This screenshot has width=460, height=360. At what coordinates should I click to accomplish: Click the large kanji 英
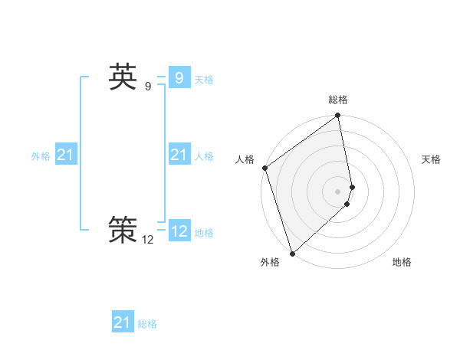pos(123,77)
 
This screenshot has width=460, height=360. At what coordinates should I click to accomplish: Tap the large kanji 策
pos(123,230)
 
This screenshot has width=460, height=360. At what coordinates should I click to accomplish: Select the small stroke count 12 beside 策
pos(147,240)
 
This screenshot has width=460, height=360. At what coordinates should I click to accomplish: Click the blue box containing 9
pos(179,78)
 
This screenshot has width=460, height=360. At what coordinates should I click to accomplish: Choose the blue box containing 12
pos(179,231)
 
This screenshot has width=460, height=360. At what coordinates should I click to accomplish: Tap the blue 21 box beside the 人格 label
pos(179,155)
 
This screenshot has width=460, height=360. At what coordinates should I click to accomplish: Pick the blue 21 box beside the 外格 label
pos(66,155)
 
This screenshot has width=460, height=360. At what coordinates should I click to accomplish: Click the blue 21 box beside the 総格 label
pos(123,323)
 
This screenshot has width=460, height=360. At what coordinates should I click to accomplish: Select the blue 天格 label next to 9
pos(204,80)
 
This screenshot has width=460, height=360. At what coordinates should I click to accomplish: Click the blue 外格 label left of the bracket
pos(41,156)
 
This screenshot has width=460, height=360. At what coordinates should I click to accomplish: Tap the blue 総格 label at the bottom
pos(147,324)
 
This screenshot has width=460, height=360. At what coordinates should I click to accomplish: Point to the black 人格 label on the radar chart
pos(245,159)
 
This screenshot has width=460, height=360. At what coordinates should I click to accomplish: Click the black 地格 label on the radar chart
pos(402,262)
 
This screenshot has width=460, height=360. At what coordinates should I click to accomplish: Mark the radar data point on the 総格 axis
pos(338,116)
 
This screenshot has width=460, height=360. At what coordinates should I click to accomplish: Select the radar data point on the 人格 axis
pos(264,168)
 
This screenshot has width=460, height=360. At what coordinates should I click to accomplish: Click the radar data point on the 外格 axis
pos(292,254)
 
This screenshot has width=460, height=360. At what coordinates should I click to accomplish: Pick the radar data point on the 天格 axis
pos(353,186)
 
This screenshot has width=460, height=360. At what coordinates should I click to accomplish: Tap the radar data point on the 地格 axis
pos(347,204)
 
